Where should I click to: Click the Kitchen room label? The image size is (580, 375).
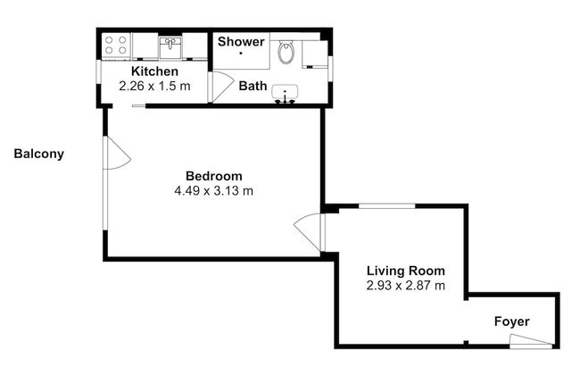pyautogui.click(x=155, y=71)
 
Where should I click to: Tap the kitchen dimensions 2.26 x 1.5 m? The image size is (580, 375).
pyautogui.click(x=155, y=87)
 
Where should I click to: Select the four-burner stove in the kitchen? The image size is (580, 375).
pyautogui.click(x=116, y=45)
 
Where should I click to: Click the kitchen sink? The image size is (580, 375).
pyautogui.click(x=170, y=45)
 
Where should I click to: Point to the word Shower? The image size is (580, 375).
pyautogui.click(x=241, y=42)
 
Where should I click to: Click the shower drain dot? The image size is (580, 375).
pyautogui.click(x=241, y=54)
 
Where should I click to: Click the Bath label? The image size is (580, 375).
pyautogui.click(x=253, y=86)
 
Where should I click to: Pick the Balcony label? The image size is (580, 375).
pyautogui.click(x=38, y=154)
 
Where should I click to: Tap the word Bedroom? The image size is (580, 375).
pyautogui.click(x=213, y=175)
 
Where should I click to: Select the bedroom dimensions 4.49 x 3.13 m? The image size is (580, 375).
pyautogui.click(x=213, y=190)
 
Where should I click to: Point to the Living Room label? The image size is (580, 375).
pyautogui.click(x=406, y=271)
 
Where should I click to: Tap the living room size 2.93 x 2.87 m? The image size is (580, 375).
pyautogui.click(x=406, y=286)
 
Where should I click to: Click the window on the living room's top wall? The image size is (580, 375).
pyautogui.click(x=386, y=207)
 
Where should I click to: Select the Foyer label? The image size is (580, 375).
pyautogui.click(x=512, y=321)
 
